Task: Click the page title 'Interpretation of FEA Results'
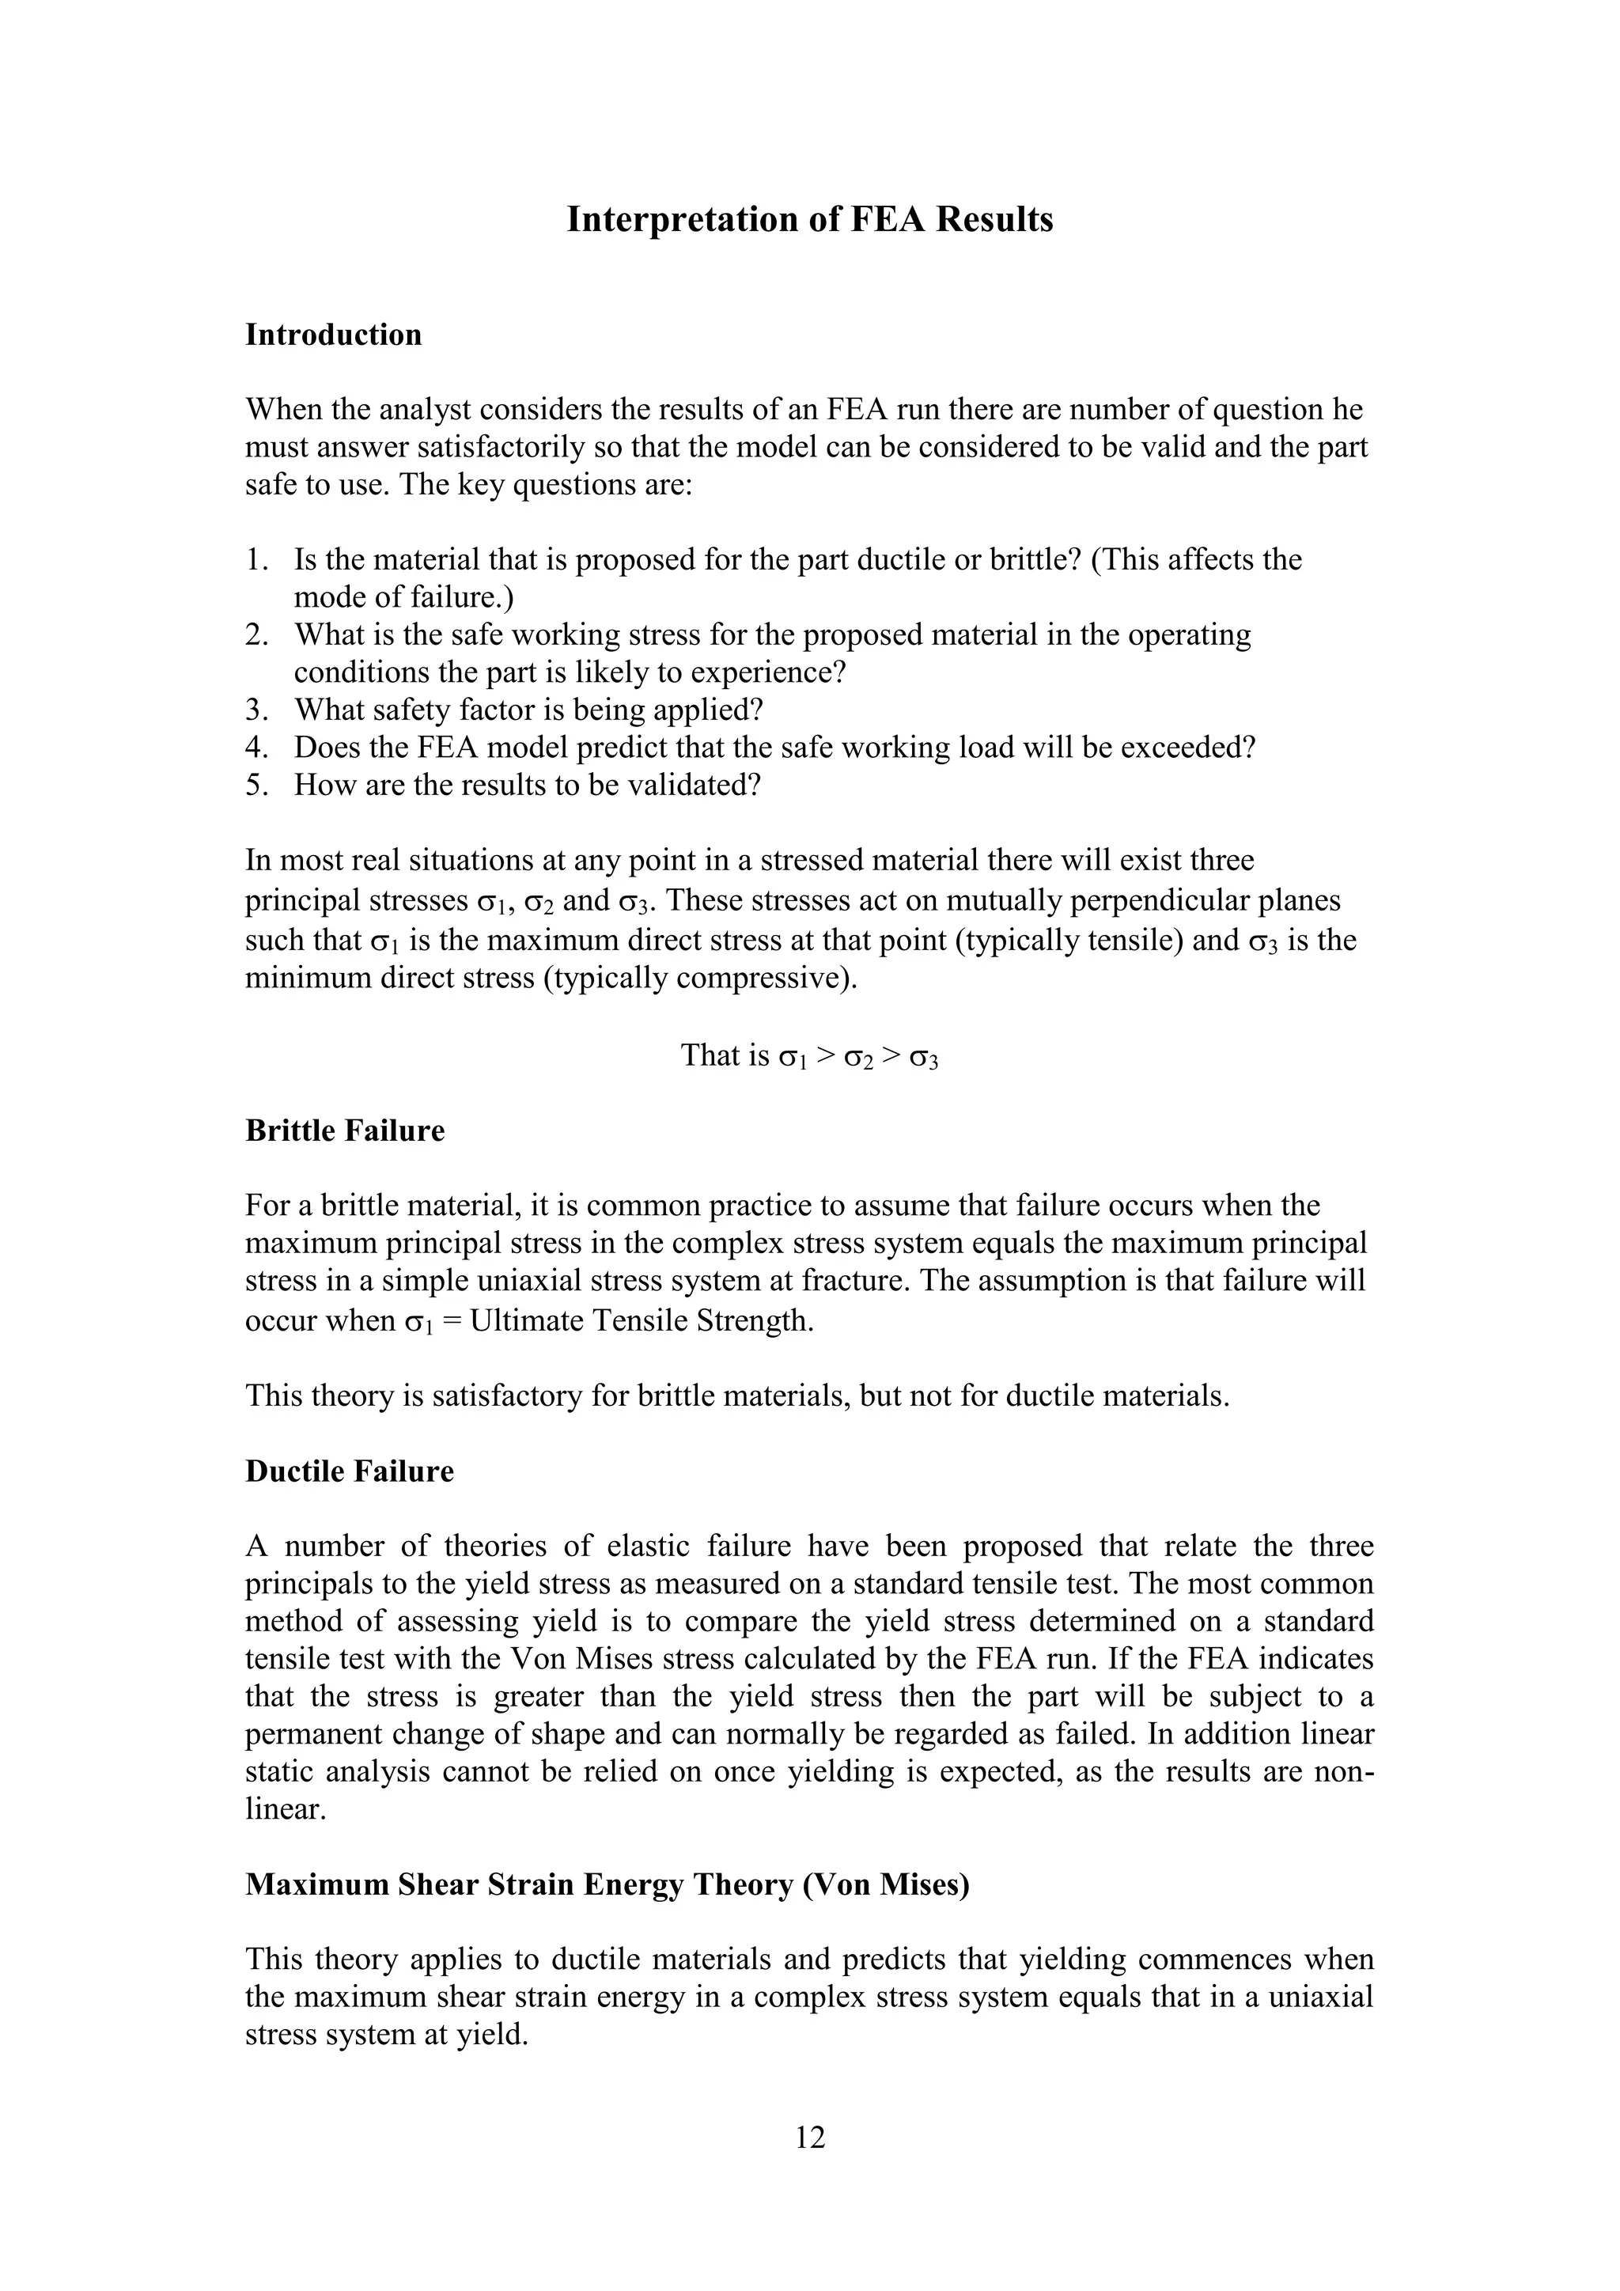click(809, 219)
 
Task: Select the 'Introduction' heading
click(333, 335)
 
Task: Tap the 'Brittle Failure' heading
click(344, 1130)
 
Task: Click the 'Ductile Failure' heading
click(349, 1471)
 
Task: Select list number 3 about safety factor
click(255, 710)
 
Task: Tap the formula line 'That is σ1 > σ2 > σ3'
click(809, 1055)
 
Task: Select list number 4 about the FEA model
click(255, 748)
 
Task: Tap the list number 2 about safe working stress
click(255, 634)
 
